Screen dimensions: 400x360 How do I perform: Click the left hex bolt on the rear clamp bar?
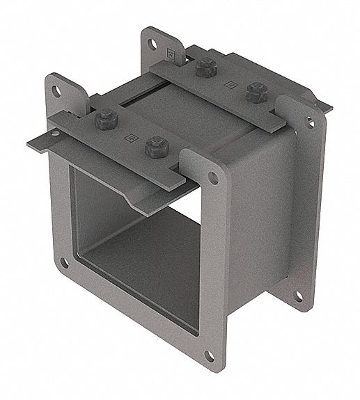click(204, 67)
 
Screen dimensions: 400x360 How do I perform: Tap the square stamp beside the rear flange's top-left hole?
click(170, 52)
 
